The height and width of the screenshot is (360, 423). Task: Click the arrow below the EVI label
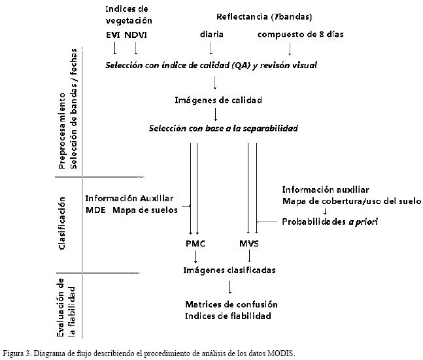(115, 48)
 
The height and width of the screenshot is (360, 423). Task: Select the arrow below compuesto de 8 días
(289, 48)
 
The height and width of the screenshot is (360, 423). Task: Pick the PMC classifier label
(195, 244)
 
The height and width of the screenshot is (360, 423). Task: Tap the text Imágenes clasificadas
(228, 270)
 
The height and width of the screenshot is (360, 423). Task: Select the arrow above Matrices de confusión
(229, 287)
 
